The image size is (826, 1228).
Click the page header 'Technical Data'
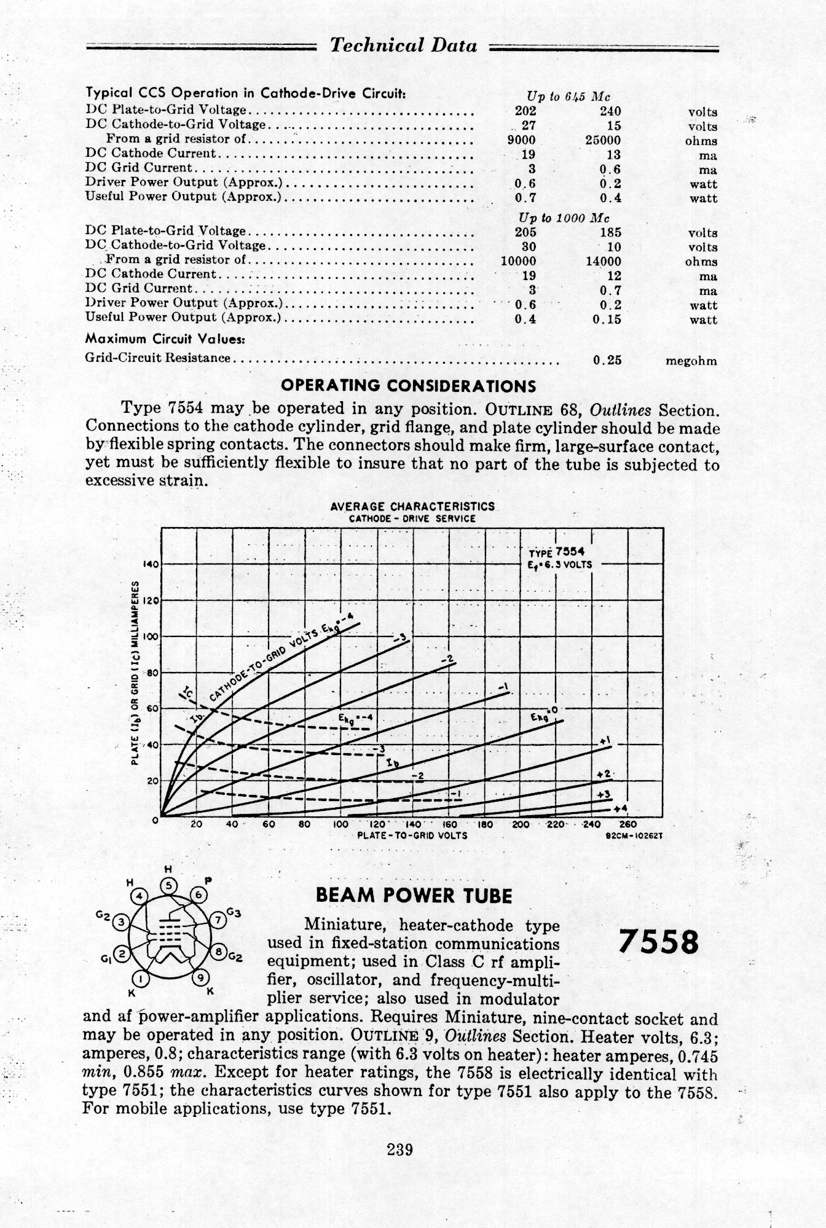tap(403, 45)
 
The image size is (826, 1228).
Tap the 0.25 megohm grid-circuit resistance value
tap(607, 361)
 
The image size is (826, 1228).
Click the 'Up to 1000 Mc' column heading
tap(564, 218)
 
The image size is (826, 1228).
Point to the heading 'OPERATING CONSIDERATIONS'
tap(408, 386)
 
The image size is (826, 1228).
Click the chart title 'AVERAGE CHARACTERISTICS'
tap(412, 507)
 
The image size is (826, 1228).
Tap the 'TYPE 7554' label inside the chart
tap(556, 551)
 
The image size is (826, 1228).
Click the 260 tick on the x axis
tap(628, 824)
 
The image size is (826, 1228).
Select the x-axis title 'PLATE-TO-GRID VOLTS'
tap(412, 835)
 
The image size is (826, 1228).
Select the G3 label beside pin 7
tap(233, 913)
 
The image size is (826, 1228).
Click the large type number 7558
tap(659, 942)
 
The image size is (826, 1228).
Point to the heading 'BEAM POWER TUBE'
tap(414, 896)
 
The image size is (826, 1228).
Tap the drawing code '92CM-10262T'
tap(634, 835)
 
